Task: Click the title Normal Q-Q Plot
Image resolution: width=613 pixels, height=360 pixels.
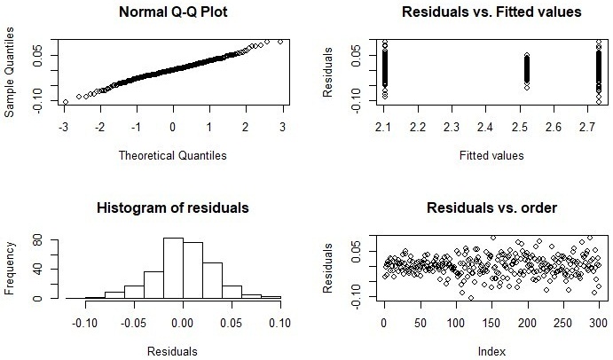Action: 173,13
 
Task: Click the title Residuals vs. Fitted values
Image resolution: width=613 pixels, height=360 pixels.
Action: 479,13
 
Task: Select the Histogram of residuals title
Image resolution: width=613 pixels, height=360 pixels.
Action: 173,208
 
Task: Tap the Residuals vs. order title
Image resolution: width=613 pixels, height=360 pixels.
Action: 479,208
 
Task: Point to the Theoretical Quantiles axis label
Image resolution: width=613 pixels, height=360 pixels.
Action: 173,155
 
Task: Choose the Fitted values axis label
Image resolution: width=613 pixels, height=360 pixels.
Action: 479,155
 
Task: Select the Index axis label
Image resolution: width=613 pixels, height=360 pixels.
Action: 479,350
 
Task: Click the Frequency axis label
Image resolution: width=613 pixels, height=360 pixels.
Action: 11,270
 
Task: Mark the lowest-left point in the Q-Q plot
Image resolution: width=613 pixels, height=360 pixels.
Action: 65,102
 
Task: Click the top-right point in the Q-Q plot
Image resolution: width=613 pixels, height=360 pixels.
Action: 280,41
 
